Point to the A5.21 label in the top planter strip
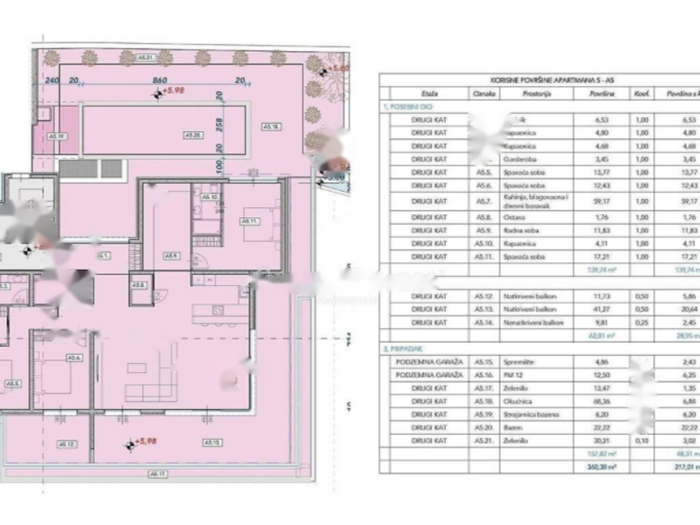[x=146, y=57]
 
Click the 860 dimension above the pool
[x=160, y=80]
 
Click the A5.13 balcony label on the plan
[x=211, y=443]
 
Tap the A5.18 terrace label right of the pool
[x=272, y=126]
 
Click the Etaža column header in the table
[x=429, y=94]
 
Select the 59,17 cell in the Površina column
[x=602, y=201]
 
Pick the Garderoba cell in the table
[x=536, y=159]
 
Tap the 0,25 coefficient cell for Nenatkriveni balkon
[x=641, y=322]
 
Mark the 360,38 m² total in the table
[x=602, y=467]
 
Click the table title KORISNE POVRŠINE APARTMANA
[x=539, y=80]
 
